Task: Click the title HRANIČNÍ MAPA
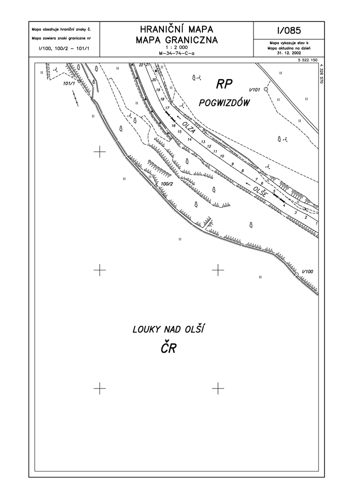click(x=176, y=29)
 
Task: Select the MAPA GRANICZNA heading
click(x=176, y=40)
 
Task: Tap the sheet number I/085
click(x=288, y=31)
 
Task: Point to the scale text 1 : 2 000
click(x=176, y=48)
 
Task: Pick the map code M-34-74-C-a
click(x=176, y=53)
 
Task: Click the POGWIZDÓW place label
click(x=224, y=103)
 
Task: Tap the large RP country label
click(x=224, y=84)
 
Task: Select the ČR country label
click(x=168, y=348)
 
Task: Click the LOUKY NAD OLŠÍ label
click(x=168, y=329)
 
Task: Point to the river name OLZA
click(x=188, y=127)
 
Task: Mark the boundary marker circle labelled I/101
click(x=266, y=89)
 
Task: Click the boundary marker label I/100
click(x=307, y=271)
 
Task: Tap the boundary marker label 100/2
click(x=167, y=184)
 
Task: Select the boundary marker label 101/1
click(x=69, y=84)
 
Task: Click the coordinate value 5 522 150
click(x=307, y=60)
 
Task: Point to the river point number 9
click(x=232, y=164)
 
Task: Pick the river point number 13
click(x=202, y=142)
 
